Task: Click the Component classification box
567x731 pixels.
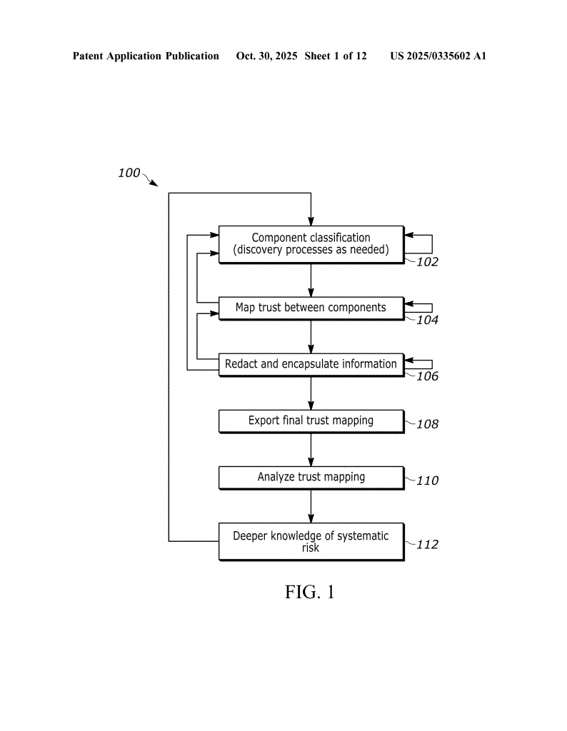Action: pos(311,244)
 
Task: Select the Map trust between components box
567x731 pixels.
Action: pos(311,308)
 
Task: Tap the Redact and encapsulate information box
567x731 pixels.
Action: pos(311,364)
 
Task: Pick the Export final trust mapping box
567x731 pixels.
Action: pos(311,420)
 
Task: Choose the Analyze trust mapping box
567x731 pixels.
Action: pos(311,477)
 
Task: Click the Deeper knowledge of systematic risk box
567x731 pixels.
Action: pos(311,541)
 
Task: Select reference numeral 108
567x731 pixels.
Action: pos(427,424)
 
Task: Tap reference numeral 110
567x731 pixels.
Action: pos(427,480)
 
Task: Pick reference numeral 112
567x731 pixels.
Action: pos(427,545)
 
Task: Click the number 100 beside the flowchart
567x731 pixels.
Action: pos(129,173)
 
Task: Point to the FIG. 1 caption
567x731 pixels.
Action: pos(310,592)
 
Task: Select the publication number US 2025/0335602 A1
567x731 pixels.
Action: pos(438,56)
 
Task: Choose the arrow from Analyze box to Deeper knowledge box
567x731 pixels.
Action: pos(311,505)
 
